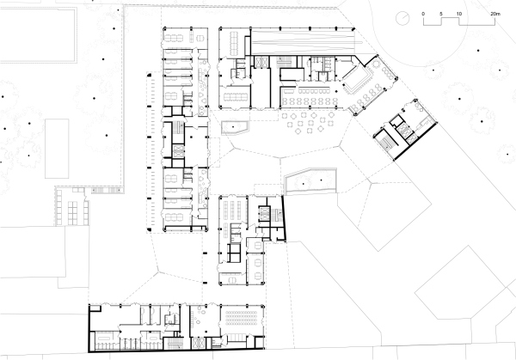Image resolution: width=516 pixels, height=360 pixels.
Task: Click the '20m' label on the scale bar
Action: (x=495, y=15)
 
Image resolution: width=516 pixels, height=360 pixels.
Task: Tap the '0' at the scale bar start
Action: (x=423, y=15)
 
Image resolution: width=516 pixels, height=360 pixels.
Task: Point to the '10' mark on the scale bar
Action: (x=459, y=15)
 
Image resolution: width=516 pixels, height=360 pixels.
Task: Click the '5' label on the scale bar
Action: (x=441, y=15)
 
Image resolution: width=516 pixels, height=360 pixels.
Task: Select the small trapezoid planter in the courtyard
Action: (x=233, y=129)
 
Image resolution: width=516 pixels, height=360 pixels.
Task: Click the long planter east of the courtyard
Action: (x=309, y=180)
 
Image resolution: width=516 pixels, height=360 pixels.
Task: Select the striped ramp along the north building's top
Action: (x=301, y=42)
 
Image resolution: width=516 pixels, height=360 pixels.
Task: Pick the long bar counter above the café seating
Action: (x=308, y=90)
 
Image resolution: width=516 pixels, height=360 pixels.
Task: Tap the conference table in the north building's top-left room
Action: (x=181, y=38)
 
